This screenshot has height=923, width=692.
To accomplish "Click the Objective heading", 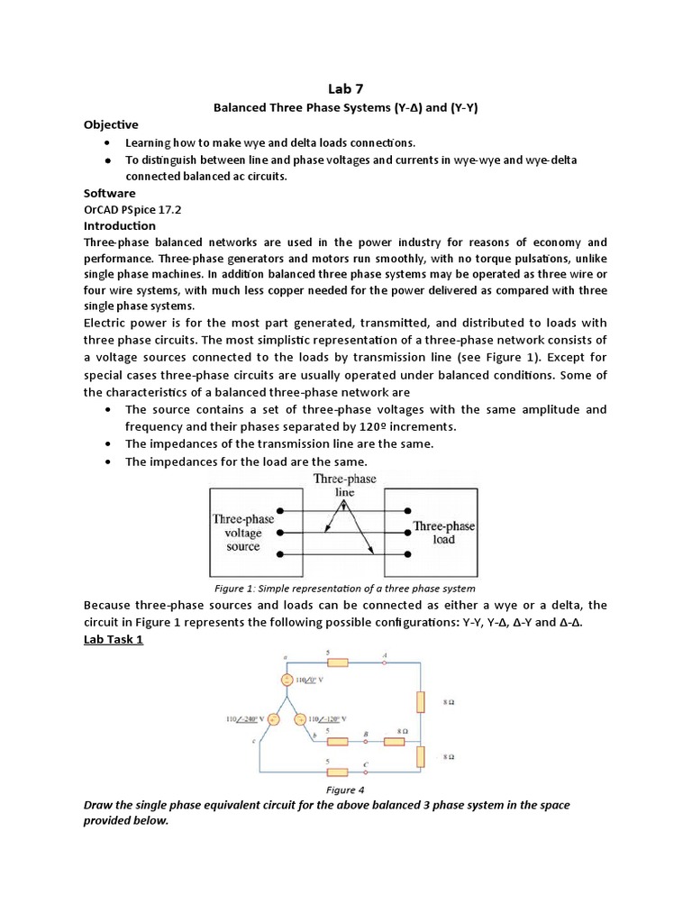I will point(111,123).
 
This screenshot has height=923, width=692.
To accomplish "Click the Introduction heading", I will point(120,225).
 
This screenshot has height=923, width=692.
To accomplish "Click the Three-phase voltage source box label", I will point(243,533).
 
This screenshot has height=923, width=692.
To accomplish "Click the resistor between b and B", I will point(336,742).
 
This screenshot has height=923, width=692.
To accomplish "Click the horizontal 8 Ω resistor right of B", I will point(396,742).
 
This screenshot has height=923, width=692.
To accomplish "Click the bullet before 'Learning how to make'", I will point(107,143).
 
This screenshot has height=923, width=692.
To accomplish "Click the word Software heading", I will point(110,193).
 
